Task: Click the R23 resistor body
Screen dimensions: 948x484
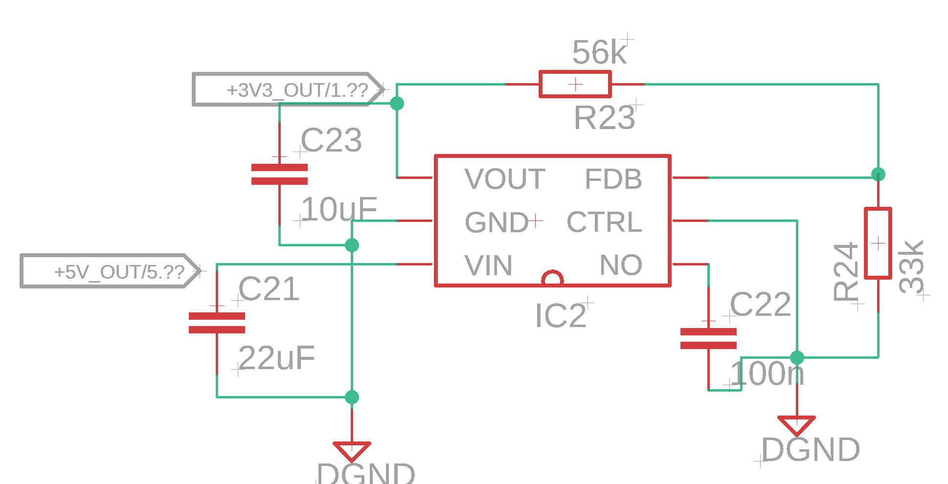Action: click(x=575, y=84)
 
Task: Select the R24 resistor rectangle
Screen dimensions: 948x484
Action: click(x=878, y=243)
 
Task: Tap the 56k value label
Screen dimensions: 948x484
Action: click(x=599, y=52)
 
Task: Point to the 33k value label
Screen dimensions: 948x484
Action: click(x=911, y=267)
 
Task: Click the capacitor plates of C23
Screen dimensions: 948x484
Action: click(x=279, y=174)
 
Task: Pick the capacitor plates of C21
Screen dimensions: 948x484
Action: click(x=217, y=323)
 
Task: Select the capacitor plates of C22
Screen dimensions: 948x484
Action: click(x=708, y=338)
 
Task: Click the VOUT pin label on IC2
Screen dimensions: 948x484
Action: click(x=505, y=179)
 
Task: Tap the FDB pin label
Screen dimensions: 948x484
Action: click(x=613, y=179)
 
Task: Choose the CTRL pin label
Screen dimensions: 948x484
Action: click(x=604, y=222)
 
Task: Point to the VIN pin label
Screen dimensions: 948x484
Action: click(x=488, y=265)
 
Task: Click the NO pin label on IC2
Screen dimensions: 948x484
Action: click(x=621, y=265)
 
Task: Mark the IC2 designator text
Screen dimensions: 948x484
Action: click(x=561, y=315)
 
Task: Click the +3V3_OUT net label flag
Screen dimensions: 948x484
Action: click(x=289, y=89)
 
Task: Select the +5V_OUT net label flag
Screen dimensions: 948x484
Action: click(x=110, y=271)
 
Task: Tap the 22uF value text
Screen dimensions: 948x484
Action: click(x=277, y=358)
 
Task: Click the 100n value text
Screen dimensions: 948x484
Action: click(x=767, y=374)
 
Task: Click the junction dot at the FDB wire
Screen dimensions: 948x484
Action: click(x=878, y=174)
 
